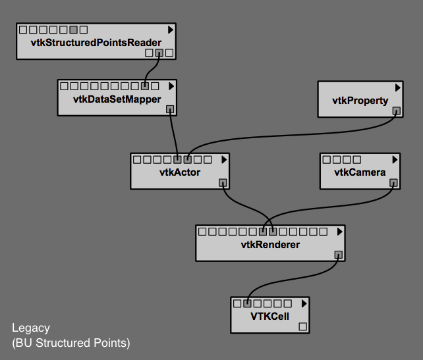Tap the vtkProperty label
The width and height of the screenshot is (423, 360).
(360, 100)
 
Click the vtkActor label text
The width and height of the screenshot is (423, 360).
(179, 172)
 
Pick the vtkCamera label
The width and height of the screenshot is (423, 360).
(360, 172)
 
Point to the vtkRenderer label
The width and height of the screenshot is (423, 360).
(270, 245)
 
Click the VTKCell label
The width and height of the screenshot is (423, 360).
(270, 316)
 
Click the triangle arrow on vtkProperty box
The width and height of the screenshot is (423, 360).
(398, 87)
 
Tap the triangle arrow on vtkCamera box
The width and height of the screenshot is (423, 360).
(395, 159)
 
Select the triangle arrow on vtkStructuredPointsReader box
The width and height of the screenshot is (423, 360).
(171, 30)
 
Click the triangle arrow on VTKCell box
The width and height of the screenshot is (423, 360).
(304, 303)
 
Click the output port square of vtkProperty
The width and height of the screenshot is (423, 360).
(396, 111)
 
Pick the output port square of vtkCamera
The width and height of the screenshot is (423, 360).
(393, 183)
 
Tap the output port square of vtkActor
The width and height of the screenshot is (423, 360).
(223, 183)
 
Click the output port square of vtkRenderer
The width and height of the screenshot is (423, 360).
(339, 255)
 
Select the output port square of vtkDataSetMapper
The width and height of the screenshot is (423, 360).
(170, 109)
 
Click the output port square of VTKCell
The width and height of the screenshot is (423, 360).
(303, 326)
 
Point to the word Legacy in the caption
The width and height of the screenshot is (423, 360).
(31, 328)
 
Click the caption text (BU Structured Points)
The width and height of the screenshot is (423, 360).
(71, 343)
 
